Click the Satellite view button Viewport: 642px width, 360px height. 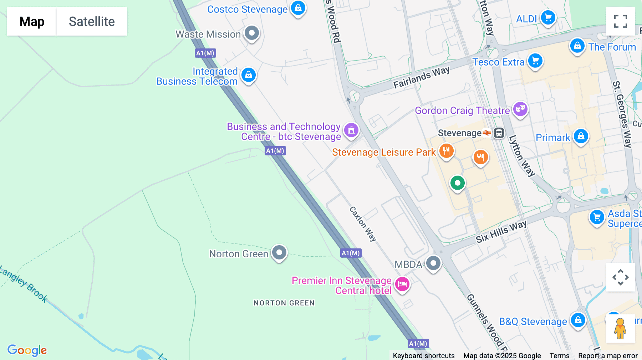pyautogui.click(x=92, y=21)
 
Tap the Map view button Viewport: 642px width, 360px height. pyautogui.click(x=32, y=21)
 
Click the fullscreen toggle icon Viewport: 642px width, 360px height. pyautogui.click(x=620, y=21)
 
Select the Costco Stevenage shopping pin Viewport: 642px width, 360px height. pyautogui.click(x=298, y=8)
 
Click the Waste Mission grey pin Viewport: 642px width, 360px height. pyautogui.click(x=252, y=34)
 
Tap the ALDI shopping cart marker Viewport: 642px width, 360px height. pyautogui.click(x=548, y=17)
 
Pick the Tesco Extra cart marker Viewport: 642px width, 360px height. pyautogui.click(x=535, y=61)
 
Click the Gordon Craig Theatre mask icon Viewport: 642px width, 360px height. pyautogui.click(x=520, y=109)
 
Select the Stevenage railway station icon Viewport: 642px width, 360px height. pyautogui.click(x=499, y=133)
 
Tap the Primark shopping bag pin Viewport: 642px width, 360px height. pyautogui.click(x=581, y=137)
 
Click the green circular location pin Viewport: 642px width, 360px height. pyautogui.click(x=457, y=183)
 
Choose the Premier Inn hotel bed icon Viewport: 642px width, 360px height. pyautogui.click(x=402, y=284)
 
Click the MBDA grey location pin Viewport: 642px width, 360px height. pyautogui.click(x=433, y=264)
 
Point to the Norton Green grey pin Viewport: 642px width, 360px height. pyautogui.click(x=279, y=253)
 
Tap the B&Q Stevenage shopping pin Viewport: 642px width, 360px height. pyautogui.click(x=578, y=320)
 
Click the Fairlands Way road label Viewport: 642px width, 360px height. pyautogui.click(x=421, y=77)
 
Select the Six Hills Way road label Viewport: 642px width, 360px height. pyautogui.click(x=501, y=232)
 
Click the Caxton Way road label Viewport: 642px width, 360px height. pyautogui.click(x=363, y=224)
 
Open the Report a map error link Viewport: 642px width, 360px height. pyautogui.click(x=608, y=356)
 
